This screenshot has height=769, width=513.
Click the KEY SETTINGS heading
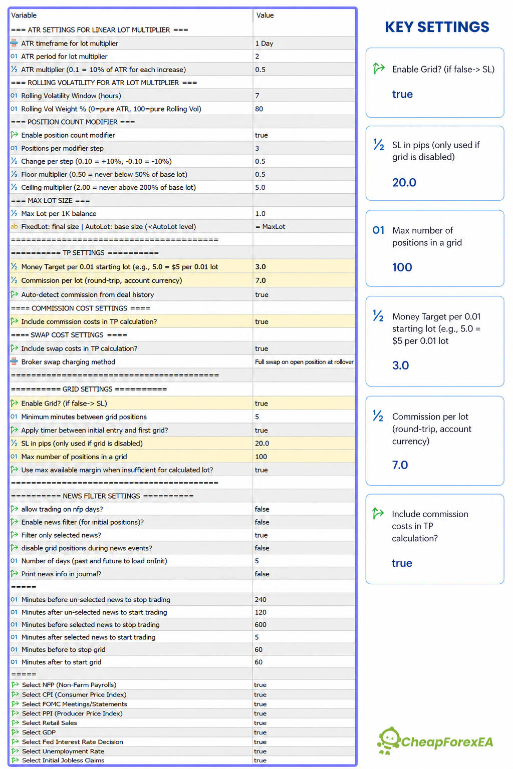437,27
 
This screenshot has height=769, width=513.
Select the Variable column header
24,15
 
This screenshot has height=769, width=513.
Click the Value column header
265,15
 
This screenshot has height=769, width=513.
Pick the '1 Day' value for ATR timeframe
264,43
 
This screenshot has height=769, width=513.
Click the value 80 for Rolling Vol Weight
259,109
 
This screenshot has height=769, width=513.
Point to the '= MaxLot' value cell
270,227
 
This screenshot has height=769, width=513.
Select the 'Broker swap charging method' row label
68,362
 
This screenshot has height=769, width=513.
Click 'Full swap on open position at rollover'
304,362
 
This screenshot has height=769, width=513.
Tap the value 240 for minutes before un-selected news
261,599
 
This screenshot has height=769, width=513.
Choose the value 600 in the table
261,624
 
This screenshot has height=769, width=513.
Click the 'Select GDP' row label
39,732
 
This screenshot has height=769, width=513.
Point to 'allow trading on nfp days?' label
62,509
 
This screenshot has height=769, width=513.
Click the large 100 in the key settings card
402,267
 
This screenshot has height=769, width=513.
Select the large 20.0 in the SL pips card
404,182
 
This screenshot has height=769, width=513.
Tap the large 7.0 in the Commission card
400,465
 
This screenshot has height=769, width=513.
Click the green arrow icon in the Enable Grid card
379,68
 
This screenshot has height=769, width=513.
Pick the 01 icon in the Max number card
378,230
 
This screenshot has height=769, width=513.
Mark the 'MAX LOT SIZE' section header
50,200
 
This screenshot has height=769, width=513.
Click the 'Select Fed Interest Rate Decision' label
73,742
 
